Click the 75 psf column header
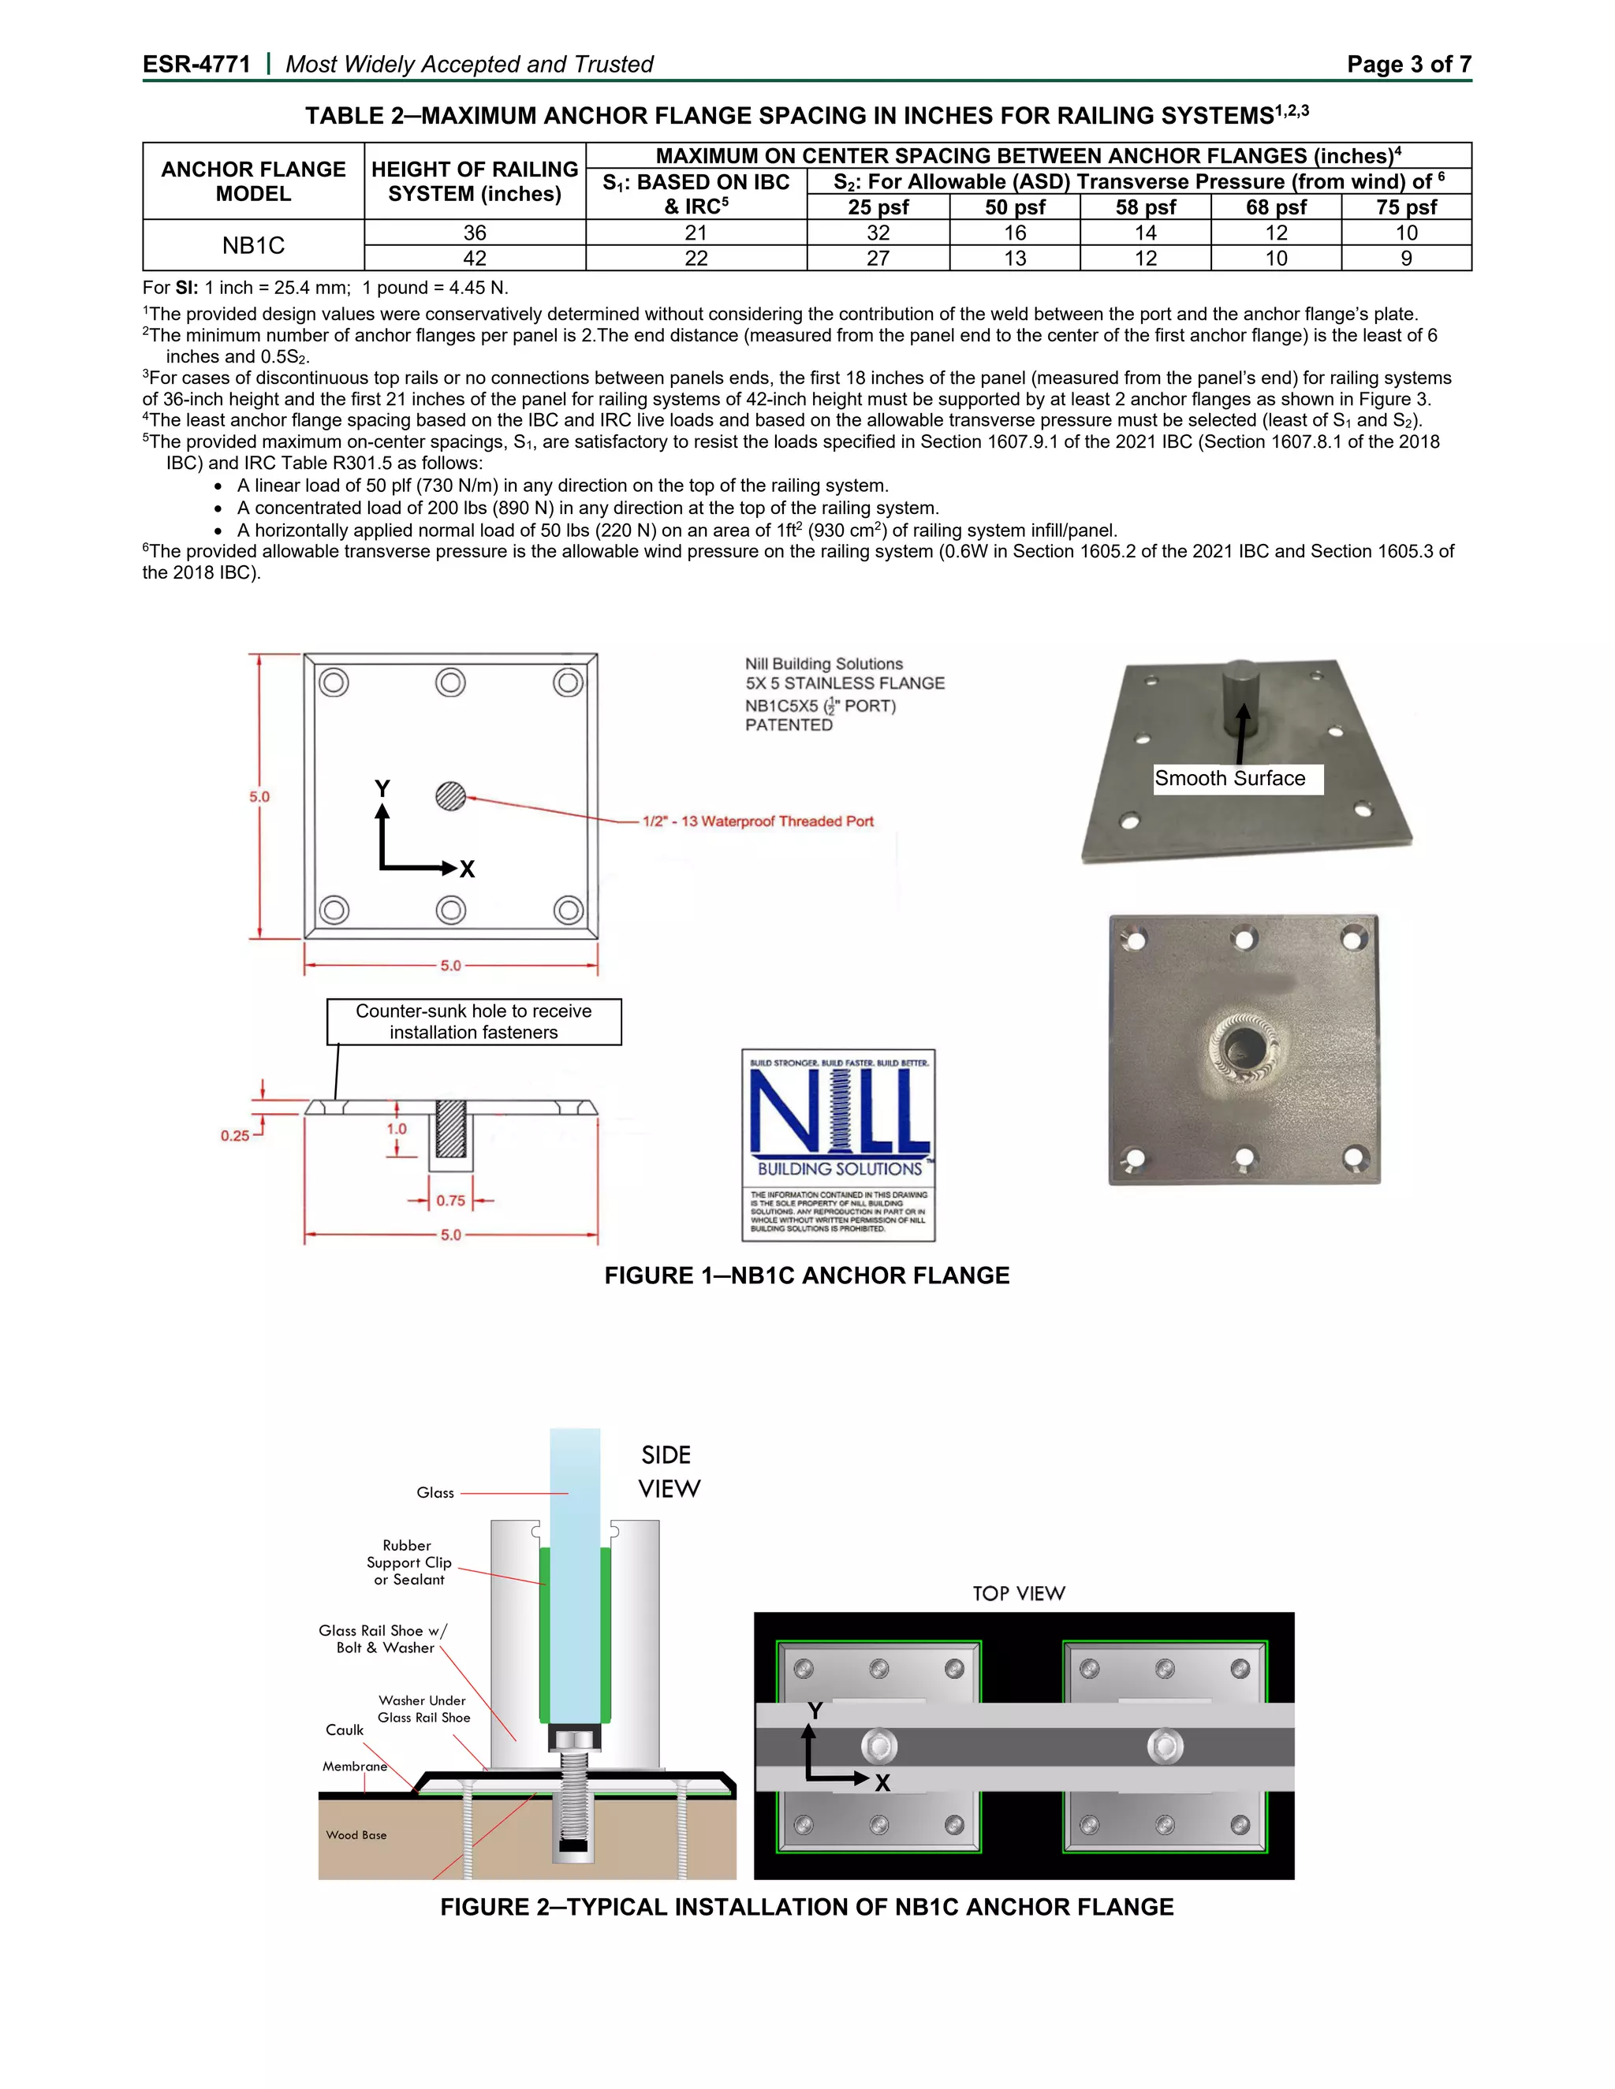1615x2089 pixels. click(1405, 207)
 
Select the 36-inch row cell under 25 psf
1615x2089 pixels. click(878, 233)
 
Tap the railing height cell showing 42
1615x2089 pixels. click(475, 259)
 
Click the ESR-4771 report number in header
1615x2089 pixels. click(196, 64)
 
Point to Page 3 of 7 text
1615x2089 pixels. click(1408, 64)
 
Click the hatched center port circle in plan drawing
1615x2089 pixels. click(450, 796)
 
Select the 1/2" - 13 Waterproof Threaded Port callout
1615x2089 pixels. click(758, 821)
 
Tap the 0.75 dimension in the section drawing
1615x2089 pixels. click(450, 1201)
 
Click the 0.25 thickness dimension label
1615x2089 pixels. click(234, 1135)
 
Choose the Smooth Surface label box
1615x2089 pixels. click(1230, 779)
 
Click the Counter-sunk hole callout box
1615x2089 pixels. click(474, 1022)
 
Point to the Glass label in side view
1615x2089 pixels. click(435, 1493)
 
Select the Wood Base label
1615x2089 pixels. click(356, 1834)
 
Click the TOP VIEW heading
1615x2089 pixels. click(1018, 1593)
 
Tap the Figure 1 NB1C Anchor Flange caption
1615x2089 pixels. click(807, 1276)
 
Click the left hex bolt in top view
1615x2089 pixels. click(878, 1747)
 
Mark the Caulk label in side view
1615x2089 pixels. click(345, 1730)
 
